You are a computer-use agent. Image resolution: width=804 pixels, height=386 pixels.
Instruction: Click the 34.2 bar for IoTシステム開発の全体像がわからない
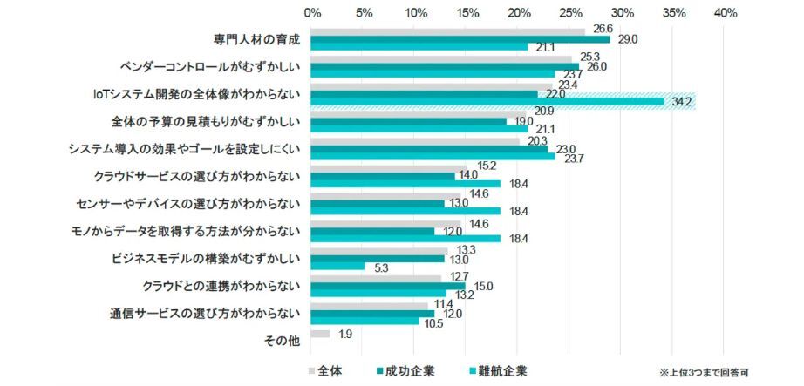coord(488,102)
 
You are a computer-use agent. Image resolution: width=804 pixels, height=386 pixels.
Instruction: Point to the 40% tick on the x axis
coord(725,13)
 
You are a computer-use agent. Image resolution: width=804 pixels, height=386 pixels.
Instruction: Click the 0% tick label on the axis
coord(311,13)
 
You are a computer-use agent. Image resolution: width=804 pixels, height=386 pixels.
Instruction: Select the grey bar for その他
coord(321,334)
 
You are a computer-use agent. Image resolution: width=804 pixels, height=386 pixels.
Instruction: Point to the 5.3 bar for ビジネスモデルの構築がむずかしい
coord(338,267)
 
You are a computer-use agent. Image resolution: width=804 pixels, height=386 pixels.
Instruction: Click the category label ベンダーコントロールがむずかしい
coord(210,65)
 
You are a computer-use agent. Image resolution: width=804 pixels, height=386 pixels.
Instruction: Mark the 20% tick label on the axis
coord(519,13)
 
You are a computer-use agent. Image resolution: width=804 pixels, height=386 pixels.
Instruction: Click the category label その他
coord(282,341)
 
